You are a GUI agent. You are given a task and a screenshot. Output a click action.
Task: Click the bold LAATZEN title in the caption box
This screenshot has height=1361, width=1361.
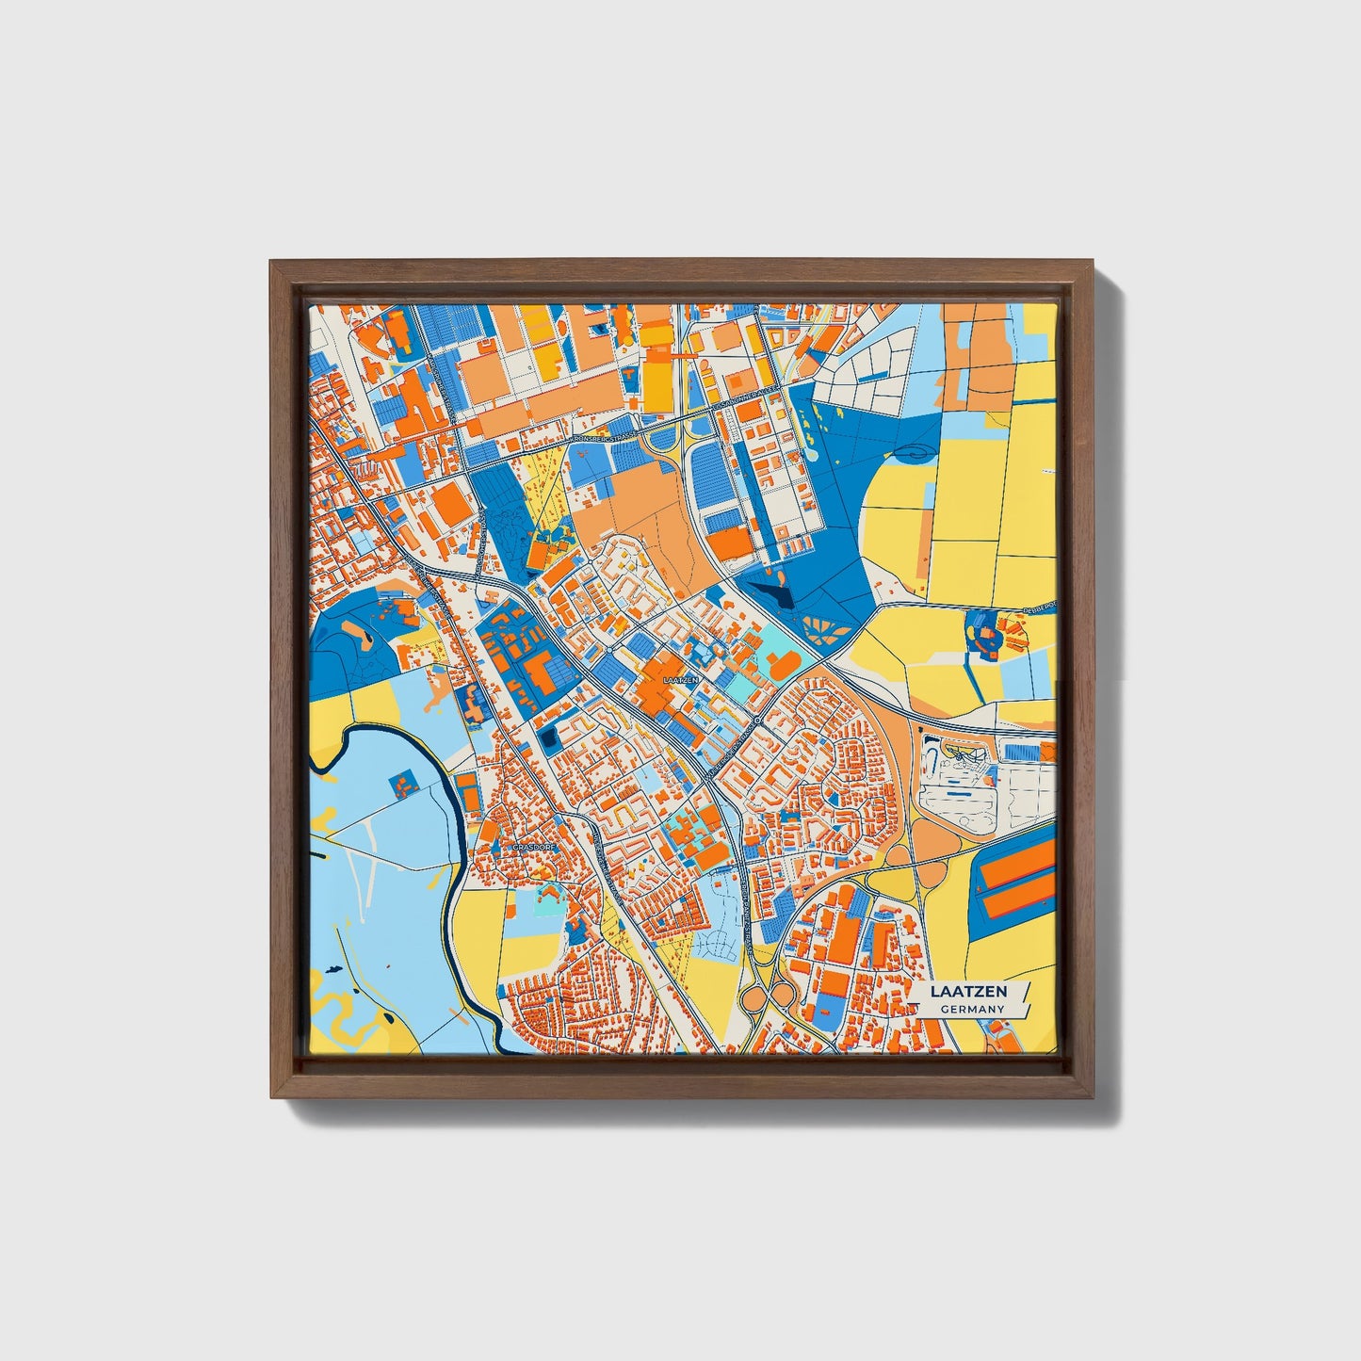[x=968, y=992]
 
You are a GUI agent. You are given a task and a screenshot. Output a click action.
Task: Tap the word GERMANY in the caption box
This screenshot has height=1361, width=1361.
[x=972, y=1009]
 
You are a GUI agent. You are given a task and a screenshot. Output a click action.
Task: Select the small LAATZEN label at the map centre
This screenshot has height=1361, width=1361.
[x=681, y=678]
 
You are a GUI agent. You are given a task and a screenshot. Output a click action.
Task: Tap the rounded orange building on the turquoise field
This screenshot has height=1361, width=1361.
[x=783, y=666]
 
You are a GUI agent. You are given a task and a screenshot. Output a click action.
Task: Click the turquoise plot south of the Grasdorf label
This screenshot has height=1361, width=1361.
[x=544, y=906]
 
